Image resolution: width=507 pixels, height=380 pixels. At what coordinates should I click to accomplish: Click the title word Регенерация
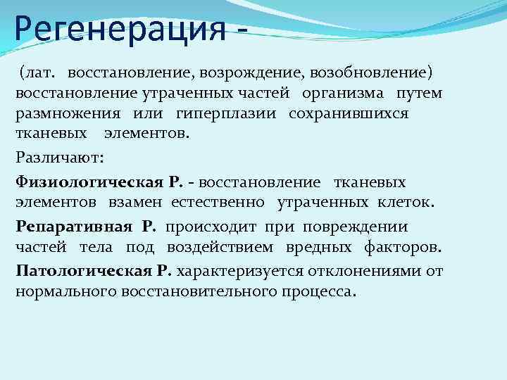point(116,30)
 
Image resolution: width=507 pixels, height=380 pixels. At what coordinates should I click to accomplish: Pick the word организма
point(343,93)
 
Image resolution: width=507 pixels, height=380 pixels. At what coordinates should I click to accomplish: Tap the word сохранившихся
point(348,113)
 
